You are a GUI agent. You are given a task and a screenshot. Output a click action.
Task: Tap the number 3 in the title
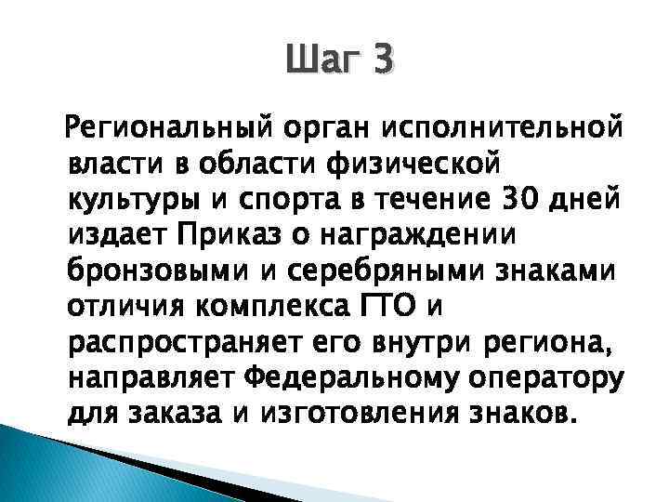383,62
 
